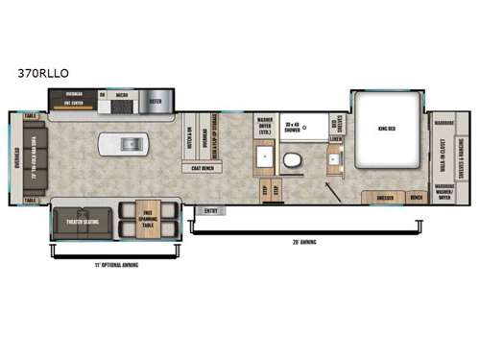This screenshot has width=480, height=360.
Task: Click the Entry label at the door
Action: pyautogui.click(x=211, y=210)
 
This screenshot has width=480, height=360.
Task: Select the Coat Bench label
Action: pyautogui.click(x=202, y=168)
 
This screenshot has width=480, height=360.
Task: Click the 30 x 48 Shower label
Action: pyautogui.click(x=293, y=126)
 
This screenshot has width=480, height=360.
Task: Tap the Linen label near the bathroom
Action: pyautogui.click(x=335, y=139)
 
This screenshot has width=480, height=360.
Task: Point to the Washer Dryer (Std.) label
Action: pyautogui.click(x=265, y=127)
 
